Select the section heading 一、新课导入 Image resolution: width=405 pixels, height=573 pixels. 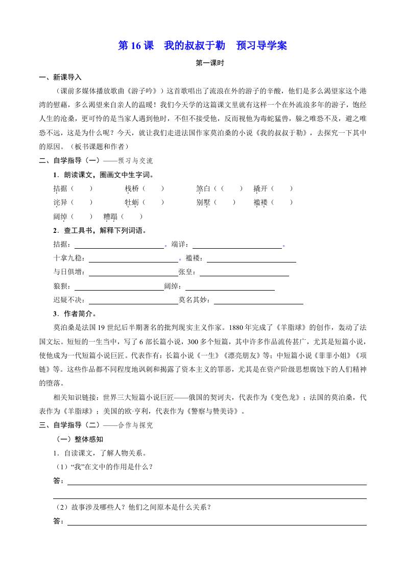pyautogui.click(x=60, y=78)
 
